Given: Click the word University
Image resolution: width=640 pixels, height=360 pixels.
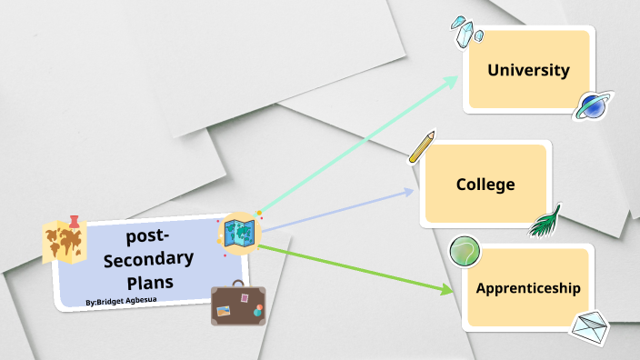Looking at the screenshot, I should pos(528,70).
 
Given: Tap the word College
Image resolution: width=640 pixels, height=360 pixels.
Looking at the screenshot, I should pos(485,185).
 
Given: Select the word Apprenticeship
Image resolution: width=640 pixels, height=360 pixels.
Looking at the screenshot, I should pos(528,288).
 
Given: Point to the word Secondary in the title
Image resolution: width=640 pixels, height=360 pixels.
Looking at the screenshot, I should pos(148,260).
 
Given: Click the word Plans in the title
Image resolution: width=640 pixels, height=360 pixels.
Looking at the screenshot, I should pos(150,281).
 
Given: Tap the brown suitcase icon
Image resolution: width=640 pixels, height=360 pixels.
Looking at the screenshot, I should pos(239,305).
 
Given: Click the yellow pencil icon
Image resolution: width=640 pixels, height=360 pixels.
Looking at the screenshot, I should pos(422,147).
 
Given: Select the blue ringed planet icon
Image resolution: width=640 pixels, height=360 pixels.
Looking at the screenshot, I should pos(594,105).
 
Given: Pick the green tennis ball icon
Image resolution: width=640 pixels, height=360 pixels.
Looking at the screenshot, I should pos(465,250).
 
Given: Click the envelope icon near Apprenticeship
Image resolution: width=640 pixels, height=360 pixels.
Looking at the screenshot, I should pos(588,326).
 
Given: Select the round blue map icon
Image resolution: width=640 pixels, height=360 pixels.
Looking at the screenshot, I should pos(240,234).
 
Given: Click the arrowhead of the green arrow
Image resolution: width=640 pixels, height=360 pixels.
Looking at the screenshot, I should pos(447,290).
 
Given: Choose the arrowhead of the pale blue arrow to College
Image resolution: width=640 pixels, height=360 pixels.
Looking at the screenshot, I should pos(409,192).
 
